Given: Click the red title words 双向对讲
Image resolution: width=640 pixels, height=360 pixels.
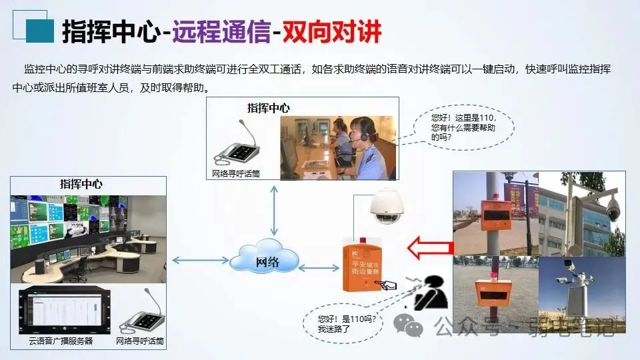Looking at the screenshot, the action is [x=331, y=31].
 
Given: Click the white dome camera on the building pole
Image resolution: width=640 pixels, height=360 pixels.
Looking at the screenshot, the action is [x=613, y=211].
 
